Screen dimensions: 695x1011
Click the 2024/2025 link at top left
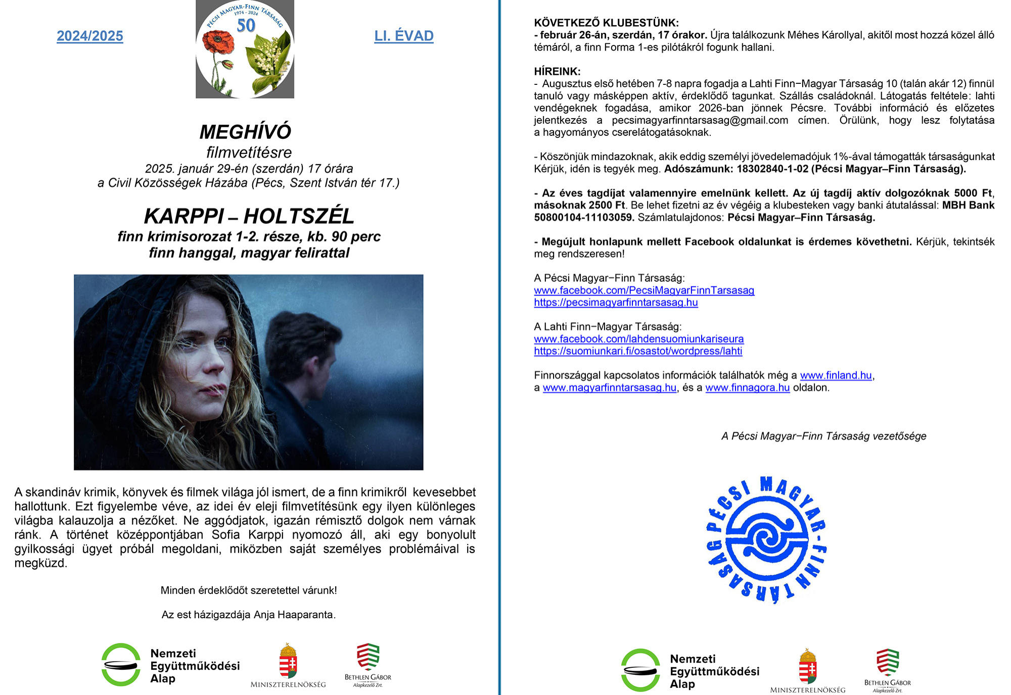click(90, 36)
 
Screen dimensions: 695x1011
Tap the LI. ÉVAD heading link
click(403, 36)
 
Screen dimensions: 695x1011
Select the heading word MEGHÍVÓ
click(245, 132)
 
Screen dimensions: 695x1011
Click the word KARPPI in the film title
click(183, 216)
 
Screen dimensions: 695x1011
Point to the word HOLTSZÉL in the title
click(299, 216)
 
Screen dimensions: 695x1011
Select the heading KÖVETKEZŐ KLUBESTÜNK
click(606, 23)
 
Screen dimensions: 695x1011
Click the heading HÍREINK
click(557, 71)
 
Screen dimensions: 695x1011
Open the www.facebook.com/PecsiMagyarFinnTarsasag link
click(644, 290)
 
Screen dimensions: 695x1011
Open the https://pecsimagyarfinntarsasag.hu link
click(616, 303)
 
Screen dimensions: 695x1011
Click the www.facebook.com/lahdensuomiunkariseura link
click(638, 339)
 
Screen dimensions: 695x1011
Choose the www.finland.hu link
click(836, 375)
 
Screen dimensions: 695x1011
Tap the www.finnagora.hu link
click(747, 388)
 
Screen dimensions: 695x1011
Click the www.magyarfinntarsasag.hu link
click(609, 388)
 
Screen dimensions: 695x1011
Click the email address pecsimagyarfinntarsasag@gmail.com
click(700, 120)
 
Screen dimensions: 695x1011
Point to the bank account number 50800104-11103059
click(583, 218)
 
